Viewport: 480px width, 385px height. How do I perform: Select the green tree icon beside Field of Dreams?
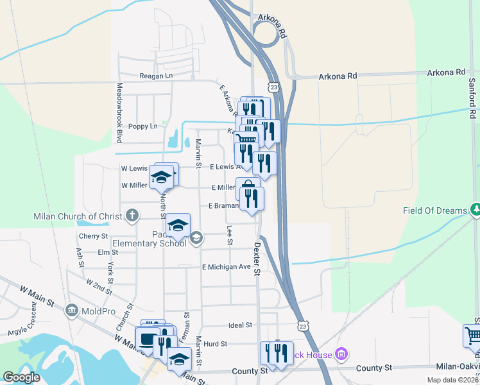[475, 209]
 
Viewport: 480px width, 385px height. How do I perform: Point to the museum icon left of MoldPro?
[72, 311]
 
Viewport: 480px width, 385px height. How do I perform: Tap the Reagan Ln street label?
[157, 76]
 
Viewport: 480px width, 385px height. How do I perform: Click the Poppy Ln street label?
[142, 126]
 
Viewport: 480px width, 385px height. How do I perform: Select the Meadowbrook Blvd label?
[119, 112]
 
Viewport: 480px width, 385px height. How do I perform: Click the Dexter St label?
[256, 259]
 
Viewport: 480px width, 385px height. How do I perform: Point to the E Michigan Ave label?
[226, 267]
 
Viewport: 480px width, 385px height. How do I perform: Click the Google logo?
[21, 377]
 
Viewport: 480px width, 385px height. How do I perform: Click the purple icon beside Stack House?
[341, 354]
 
